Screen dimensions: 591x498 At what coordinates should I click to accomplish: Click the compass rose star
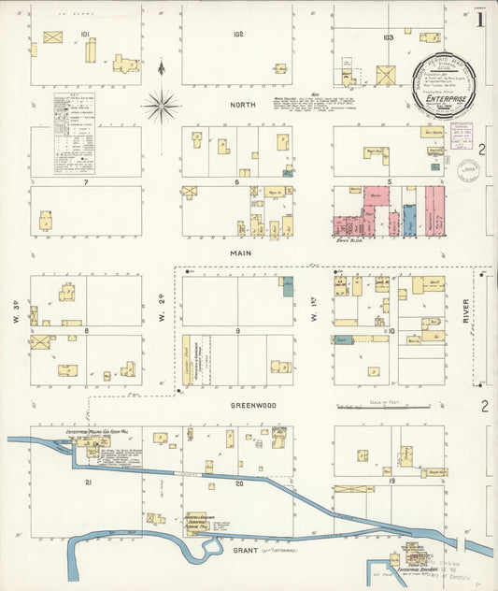pos(162,106)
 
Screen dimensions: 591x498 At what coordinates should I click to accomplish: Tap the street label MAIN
pos(237,252)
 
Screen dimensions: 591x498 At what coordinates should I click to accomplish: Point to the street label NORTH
pos(242,105)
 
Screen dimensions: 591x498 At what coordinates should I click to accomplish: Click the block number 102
pos(238,35)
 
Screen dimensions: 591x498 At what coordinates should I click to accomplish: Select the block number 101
pos(85,35)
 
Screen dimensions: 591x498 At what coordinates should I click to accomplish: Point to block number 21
pos(88,483)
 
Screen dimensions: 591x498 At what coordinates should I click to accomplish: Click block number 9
pos(237,331)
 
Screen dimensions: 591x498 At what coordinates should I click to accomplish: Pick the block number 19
pos(391,481)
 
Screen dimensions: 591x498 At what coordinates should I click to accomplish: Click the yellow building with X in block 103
pos(385,75)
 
